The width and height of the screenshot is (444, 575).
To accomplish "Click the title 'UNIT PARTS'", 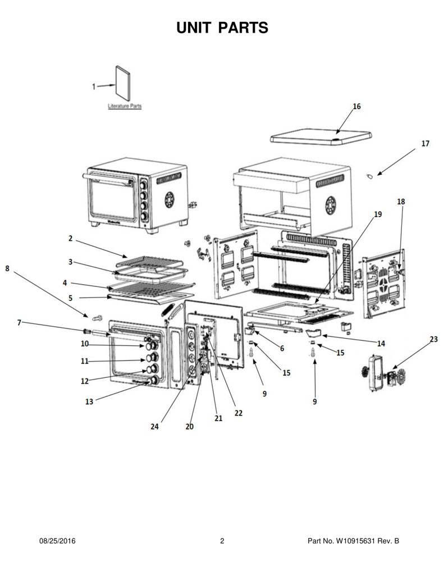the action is click(222, 28).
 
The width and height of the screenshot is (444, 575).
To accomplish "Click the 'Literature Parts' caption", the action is click(125, 106).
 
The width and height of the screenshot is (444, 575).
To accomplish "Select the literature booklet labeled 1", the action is click(123, 83).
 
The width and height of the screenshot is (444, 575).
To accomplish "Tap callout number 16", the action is click(356, 106).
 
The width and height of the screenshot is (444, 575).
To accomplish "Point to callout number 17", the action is click(425, 143).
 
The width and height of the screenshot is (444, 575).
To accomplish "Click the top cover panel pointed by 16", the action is click(321, 137).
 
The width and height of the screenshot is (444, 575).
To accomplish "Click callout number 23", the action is click(433, 339).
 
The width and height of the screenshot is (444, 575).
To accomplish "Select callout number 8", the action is click(7, 268).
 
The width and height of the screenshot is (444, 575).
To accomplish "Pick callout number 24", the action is click(154, 427).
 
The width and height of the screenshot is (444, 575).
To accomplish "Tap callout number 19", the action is click(378, 214).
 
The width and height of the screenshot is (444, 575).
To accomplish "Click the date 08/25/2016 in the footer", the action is click(57, 541).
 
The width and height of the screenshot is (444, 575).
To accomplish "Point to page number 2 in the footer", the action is click(222, 541).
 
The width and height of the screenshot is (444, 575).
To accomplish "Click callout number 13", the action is click(89, 401).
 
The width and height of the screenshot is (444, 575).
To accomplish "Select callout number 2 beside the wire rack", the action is click(70, 238).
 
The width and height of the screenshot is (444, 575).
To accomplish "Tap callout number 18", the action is click(401, 202).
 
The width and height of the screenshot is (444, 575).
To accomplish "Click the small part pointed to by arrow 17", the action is click(370, 176).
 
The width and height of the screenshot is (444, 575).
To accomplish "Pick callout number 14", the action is click(381, 344).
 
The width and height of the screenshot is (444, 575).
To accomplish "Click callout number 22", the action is click(239, 413).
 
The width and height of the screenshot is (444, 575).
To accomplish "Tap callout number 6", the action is click(282, 348).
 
